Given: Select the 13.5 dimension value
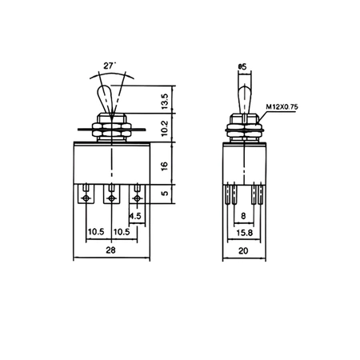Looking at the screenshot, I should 164,100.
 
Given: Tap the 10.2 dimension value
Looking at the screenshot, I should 164,128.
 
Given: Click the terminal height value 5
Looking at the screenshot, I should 164,194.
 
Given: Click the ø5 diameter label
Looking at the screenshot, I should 242,68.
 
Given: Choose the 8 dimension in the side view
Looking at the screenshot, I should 242,215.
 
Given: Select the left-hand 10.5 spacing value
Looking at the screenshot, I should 96,232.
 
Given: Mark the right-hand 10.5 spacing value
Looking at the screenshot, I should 122,232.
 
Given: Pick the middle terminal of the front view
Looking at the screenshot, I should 110,194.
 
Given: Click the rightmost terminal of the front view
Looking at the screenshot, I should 137,194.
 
